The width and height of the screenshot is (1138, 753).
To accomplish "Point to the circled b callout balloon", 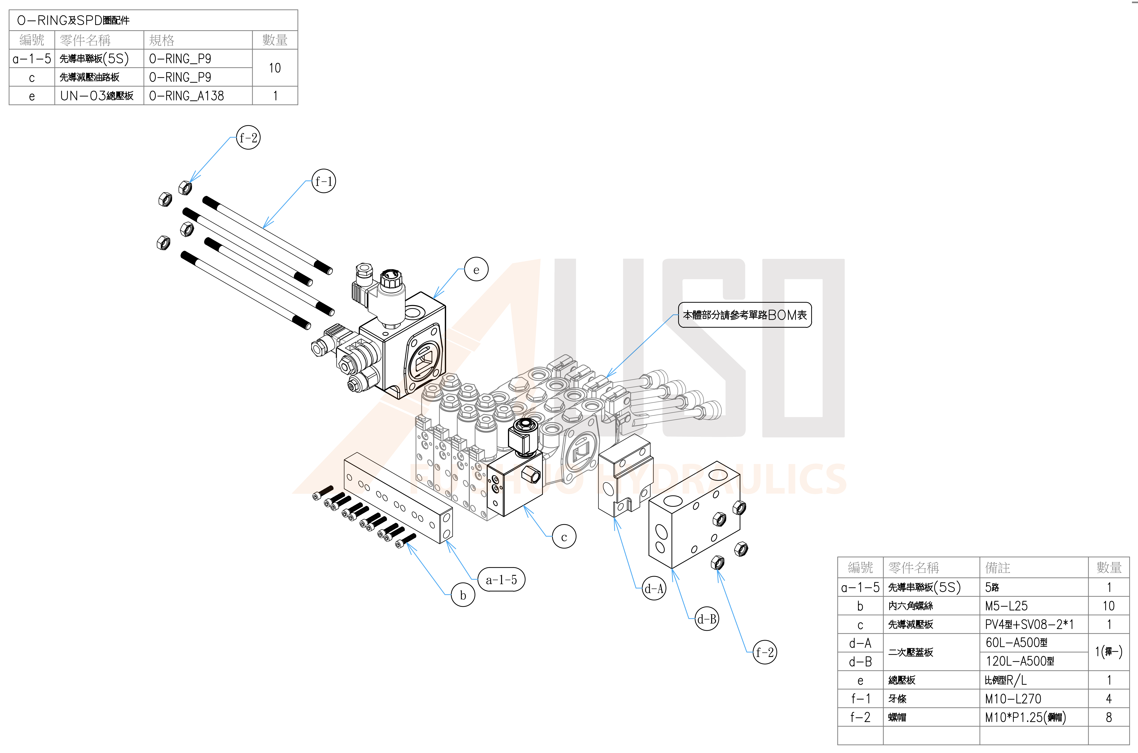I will (463, 595).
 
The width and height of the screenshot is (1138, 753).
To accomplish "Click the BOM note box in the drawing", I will (744, 315).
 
